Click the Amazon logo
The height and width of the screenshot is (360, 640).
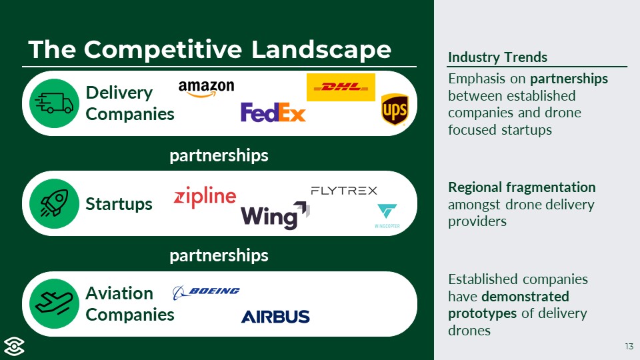[207, 89]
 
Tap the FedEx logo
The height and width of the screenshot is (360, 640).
[273, 112]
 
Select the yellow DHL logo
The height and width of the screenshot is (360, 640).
[341, 87]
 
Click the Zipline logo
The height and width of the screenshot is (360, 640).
[205, 197]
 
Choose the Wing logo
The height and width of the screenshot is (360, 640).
[275, 215]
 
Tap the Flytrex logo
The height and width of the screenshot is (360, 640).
[344, 191]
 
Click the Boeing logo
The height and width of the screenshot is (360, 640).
[206, 291]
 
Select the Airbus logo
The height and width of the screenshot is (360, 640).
[275, 316]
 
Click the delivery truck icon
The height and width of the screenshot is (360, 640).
[55, 103]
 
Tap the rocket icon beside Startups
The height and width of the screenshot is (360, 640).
[55, 203]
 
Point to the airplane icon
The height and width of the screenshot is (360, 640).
[55, 304]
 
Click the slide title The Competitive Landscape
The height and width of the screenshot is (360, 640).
[209, 49]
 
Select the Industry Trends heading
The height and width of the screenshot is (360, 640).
[497, 57]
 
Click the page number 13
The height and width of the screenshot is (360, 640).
[629, 346]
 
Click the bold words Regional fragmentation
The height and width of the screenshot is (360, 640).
[522, 187]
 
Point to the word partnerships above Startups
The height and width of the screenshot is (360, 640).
[219, 155]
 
